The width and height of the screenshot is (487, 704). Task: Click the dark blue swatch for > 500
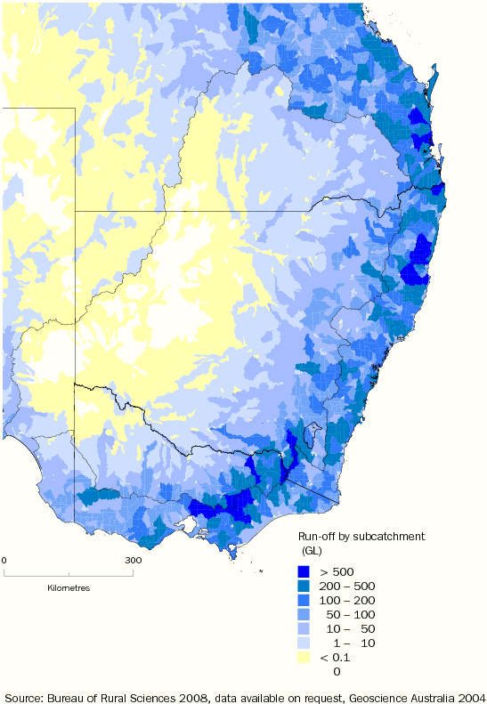304,571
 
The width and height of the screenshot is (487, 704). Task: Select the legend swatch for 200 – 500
304,587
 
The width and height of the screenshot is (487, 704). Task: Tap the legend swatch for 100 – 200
304,601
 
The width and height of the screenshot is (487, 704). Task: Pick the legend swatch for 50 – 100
304,615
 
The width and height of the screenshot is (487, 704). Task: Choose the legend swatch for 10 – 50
304,629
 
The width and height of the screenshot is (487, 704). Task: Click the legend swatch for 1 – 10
304,643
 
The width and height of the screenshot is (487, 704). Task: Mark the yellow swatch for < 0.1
304,658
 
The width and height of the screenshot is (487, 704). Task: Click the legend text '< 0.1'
335,658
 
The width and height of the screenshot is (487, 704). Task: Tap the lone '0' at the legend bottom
337,672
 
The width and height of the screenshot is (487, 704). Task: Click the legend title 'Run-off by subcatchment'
361,537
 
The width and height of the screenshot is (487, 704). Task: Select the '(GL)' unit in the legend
313,551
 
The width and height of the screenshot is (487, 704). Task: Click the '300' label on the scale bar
133,560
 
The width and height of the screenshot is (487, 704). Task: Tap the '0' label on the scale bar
4,560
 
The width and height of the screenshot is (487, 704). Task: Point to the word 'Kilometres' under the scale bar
69,588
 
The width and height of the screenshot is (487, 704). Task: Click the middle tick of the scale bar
69,572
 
